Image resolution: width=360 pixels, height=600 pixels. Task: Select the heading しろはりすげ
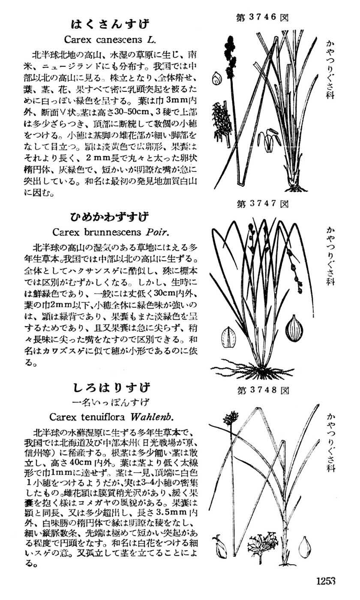point(110,388)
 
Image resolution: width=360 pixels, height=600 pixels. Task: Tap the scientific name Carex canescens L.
point(110,40)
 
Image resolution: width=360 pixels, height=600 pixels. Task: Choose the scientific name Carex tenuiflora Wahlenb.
point(111,417)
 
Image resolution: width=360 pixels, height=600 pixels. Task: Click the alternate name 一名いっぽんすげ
point(111,402)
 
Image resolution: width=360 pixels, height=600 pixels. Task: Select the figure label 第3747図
point(262,204)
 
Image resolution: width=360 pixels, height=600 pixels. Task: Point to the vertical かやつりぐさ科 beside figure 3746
point(330,69)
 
